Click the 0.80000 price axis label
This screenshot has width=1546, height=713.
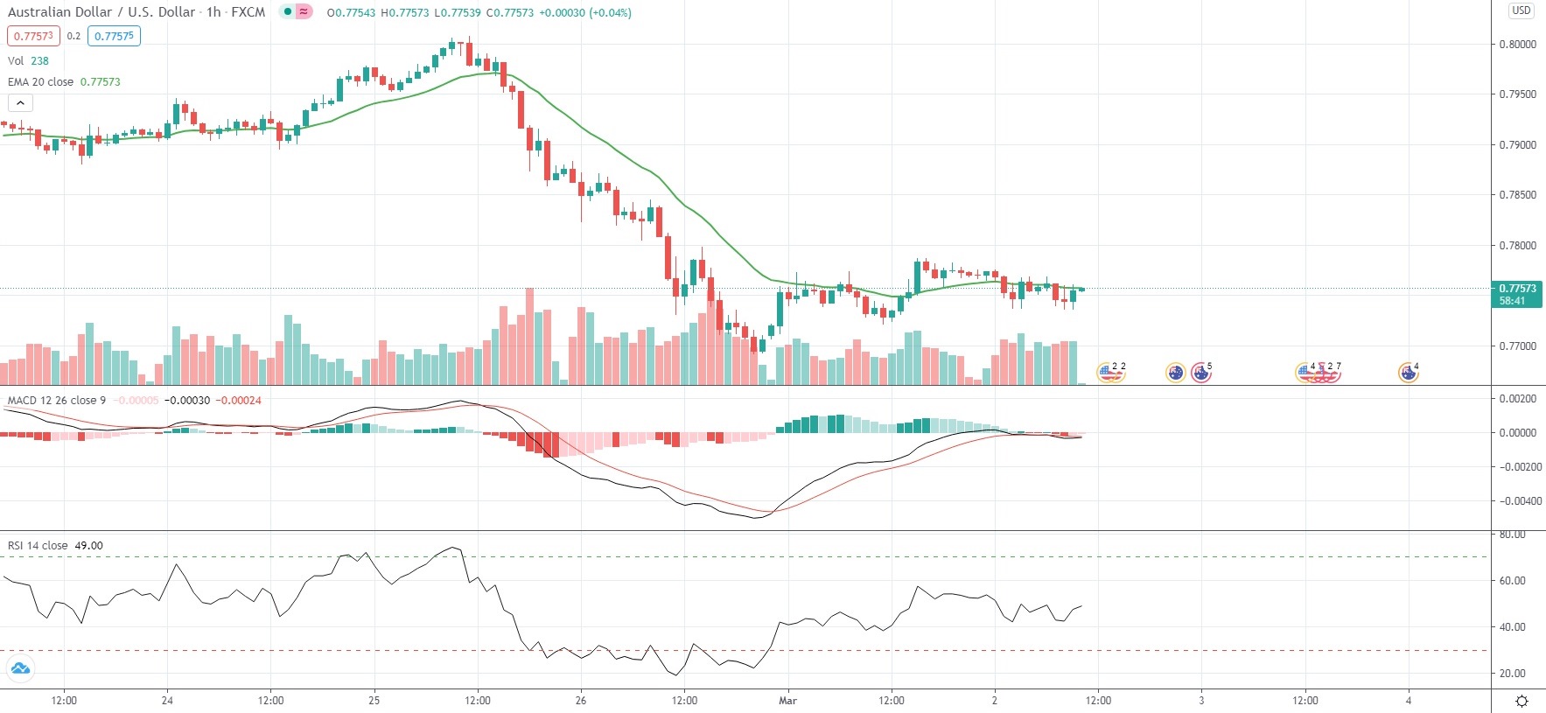click(x=1517, y=45)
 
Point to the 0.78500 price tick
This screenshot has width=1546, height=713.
click(x=1517, y=195)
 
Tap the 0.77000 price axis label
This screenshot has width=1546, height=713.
click(x=1517, y=346)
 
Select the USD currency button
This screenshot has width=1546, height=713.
click(x=1522, y=10)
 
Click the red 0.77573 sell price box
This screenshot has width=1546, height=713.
click(x=33, y=36)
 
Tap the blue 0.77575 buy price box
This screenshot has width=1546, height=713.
click(x=114, y=36)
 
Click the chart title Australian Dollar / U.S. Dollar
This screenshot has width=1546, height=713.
click(x=101, y=12)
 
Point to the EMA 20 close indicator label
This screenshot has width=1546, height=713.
click(x=41, y=81)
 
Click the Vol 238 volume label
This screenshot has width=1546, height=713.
click(x=28, y=60)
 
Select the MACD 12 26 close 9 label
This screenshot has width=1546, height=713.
click(x=57, y=400)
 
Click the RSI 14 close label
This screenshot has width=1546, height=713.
click(x=38, y=545)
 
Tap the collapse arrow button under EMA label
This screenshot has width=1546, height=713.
click(x=20, y=102)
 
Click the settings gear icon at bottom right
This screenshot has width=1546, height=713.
click(x=1522, y=701)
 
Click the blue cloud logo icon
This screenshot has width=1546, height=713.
click(x=19, y=669)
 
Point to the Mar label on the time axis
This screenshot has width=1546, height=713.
click(x=787, y=700)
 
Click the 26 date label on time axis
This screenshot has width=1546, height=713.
click(x=581, y=700)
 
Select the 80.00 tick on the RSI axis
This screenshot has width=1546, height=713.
click(x=1512, y=535)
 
